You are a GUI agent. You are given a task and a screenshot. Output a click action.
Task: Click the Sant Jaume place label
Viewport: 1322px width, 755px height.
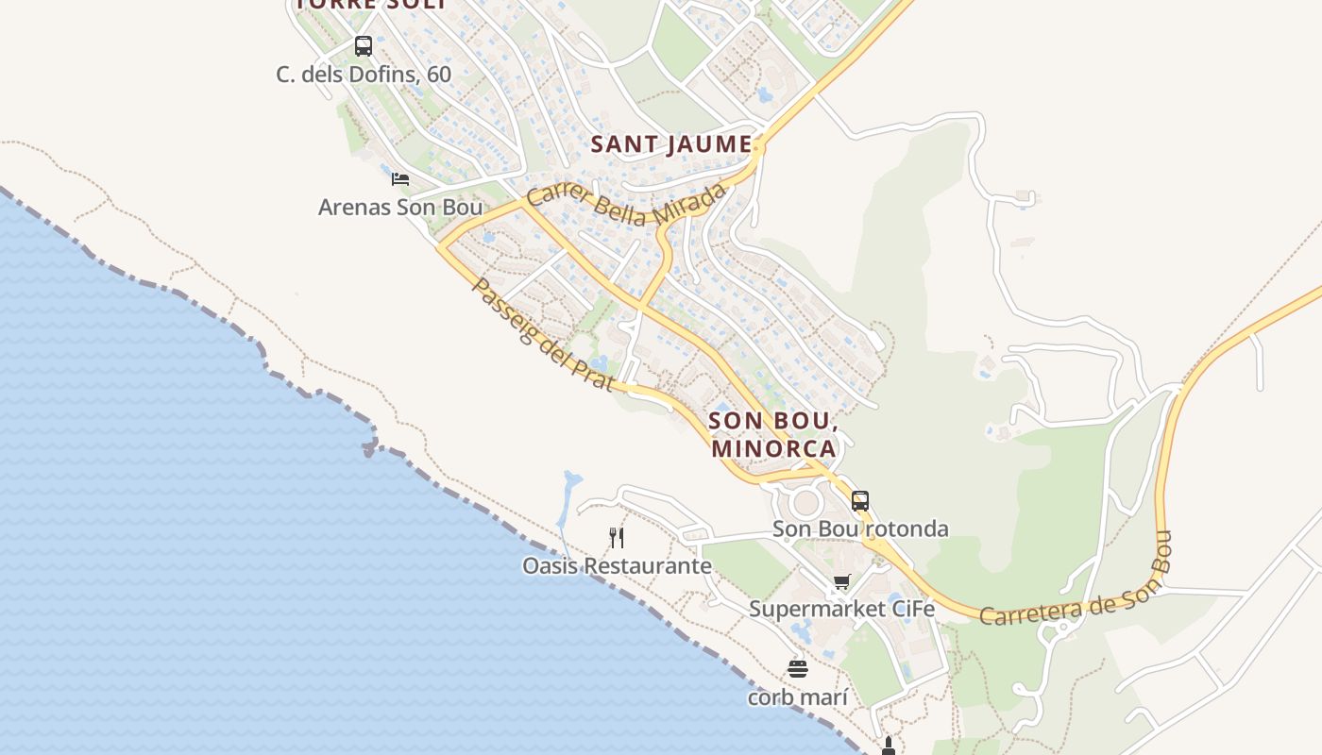pos(671,144)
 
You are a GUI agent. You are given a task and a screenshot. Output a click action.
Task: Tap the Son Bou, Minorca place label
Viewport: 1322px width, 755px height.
pos(772,434)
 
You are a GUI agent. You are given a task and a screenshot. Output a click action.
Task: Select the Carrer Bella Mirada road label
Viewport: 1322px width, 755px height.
pos(627,205)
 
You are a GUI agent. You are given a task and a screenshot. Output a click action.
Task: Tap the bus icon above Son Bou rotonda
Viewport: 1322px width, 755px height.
pos(859,501)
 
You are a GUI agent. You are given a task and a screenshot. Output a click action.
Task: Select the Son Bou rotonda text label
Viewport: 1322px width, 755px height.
pos(860,528)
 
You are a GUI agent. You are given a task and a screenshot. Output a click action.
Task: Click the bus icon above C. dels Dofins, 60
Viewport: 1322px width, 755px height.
pos(363,45)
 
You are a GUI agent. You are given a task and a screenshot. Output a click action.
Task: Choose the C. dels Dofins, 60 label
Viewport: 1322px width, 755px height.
pos(364,74)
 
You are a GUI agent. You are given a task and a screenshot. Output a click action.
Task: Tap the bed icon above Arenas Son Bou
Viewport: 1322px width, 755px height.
pos(400,178)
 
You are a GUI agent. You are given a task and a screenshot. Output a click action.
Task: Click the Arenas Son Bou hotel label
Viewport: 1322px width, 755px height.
pos(400,207)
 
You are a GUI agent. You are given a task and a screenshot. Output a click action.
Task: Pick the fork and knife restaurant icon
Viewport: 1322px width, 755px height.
pos(617,538)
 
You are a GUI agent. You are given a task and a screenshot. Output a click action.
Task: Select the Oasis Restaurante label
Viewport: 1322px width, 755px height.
pos(617,566)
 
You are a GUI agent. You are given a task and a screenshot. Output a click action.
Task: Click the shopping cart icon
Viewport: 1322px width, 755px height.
pos(841,581)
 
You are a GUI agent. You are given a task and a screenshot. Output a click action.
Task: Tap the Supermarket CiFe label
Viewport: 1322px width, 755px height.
pos(841,609)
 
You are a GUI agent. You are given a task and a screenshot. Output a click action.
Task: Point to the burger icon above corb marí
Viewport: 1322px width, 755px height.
pos(798,669)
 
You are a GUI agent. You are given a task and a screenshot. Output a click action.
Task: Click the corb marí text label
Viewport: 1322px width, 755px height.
pos(798,697)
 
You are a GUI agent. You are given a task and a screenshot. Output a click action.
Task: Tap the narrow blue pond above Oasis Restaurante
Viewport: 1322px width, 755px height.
pos(568,495)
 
